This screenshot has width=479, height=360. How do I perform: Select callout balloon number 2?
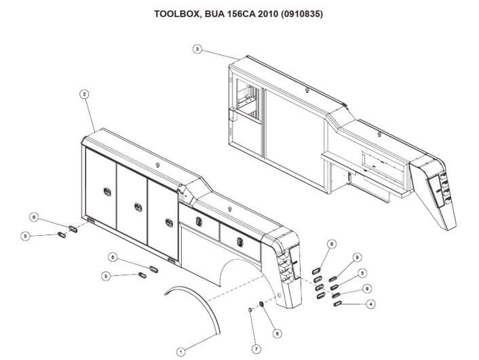[83, 95]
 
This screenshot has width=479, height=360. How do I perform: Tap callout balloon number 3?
[197, 49]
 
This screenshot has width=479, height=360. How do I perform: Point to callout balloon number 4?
[370, 304]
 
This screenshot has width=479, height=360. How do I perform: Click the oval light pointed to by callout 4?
[337, 304]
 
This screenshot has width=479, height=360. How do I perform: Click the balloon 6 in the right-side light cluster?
[331, 243]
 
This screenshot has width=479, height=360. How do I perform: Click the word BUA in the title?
[207, 14]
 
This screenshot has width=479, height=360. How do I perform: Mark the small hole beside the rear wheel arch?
[277, 298]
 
